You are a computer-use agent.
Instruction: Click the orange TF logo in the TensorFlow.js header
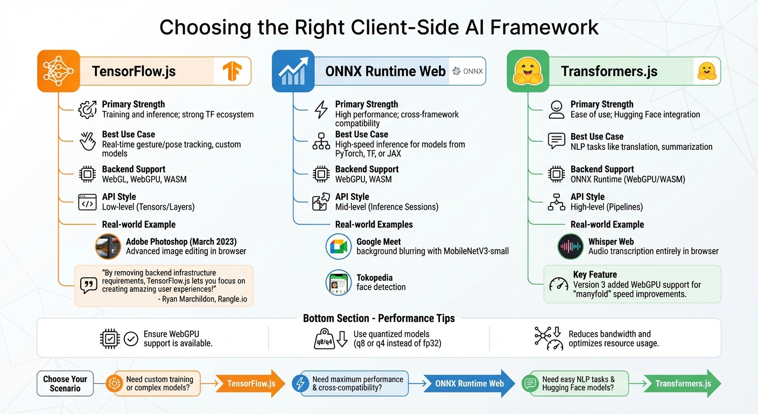(x=233, y=71)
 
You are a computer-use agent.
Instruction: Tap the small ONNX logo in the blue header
(x=467, y=71)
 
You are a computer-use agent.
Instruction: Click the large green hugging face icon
(x=528, y=71)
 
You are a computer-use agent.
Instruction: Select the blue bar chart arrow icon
(x=293, y=71)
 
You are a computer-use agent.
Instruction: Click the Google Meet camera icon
(x=339, y=246)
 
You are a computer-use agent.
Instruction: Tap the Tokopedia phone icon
(x=339, y=282)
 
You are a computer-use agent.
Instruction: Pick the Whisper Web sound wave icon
(x=570, y=246)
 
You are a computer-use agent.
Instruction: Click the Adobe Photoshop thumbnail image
(x=108, y=246)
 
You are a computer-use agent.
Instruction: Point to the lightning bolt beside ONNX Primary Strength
(x=321, y=109)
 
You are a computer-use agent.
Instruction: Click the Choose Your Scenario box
(x=65, y=384)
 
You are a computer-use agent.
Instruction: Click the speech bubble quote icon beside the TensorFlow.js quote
(x=88, y=285)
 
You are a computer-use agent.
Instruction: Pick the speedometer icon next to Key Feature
(x=559, y=285)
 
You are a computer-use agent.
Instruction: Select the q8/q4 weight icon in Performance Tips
(x=326, y=339)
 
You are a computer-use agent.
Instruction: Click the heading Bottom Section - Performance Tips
(x=378, y=318)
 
